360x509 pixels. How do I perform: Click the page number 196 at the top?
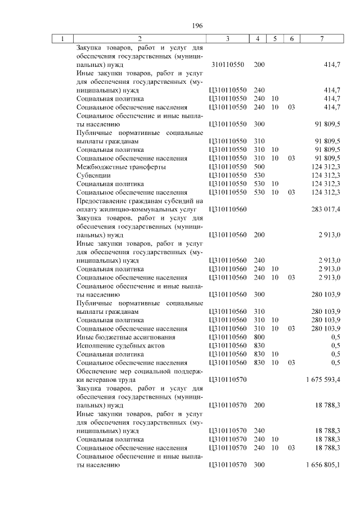tap(197, 26)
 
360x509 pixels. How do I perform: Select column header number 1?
tap(62, 39)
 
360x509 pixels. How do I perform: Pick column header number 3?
tap(227, 39)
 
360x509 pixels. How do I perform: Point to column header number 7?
tap(321, 39)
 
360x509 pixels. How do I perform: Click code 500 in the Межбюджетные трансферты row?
tap(259, 167)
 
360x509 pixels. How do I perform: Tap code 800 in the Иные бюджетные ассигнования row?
tap(259, 337)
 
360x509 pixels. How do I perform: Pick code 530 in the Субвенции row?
tap(259, 175)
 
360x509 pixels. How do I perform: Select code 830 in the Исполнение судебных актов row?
tap(259, 345)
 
